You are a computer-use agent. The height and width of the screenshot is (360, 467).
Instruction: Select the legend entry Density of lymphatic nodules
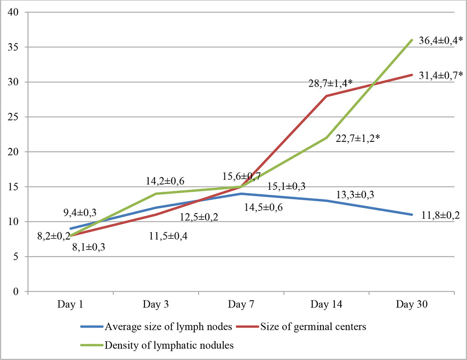169,345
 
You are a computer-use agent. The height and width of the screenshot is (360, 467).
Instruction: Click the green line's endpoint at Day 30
411,40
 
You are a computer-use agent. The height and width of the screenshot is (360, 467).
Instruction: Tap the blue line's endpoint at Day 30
411,214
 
